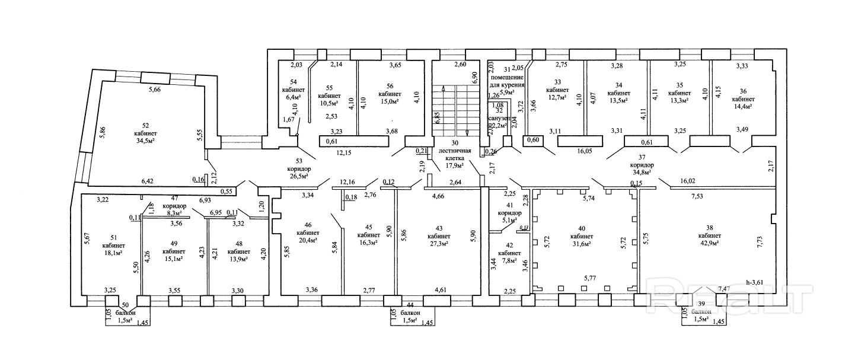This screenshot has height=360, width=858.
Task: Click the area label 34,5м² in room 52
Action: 145,141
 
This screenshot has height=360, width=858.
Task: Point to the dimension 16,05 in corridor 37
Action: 585,151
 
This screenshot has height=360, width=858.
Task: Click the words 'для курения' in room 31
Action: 506,85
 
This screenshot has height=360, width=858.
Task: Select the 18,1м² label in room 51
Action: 113,251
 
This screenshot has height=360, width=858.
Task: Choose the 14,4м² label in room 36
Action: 742,106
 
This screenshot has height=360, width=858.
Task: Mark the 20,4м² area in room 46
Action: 307,240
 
